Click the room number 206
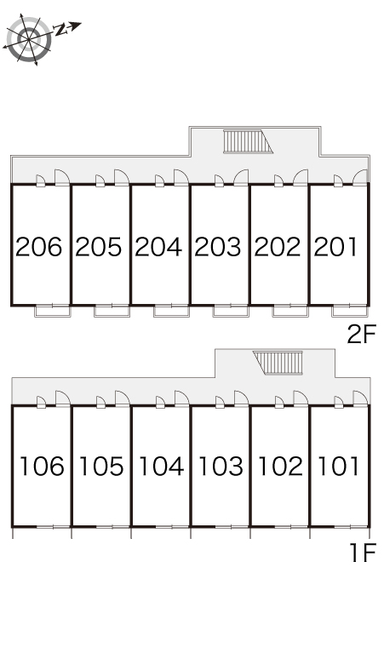(38, 247)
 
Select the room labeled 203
(218, 247)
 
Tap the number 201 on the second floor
(335, 247)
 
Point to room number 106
(42, 466)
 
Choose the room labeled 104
(161, 466)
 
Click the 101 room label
(339, 466)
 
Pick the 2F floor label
(361, 335)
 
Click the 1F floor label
(363, 553)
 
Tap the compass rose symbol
(29, 39)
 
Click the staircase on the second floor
(248, 141)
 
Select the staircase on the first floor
(278, 363)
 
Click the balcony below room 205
(112, 311)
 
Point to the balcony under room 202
(290, 311)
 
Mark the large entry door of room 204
(181, 177)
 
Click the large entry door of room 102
(301, 398)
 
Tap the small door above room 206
(40, 181)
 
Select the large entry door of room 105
(122, 398)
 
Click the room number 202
(278, 247)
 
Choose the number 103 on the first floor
(221, 466)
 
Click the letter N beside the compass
(61, 30)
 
